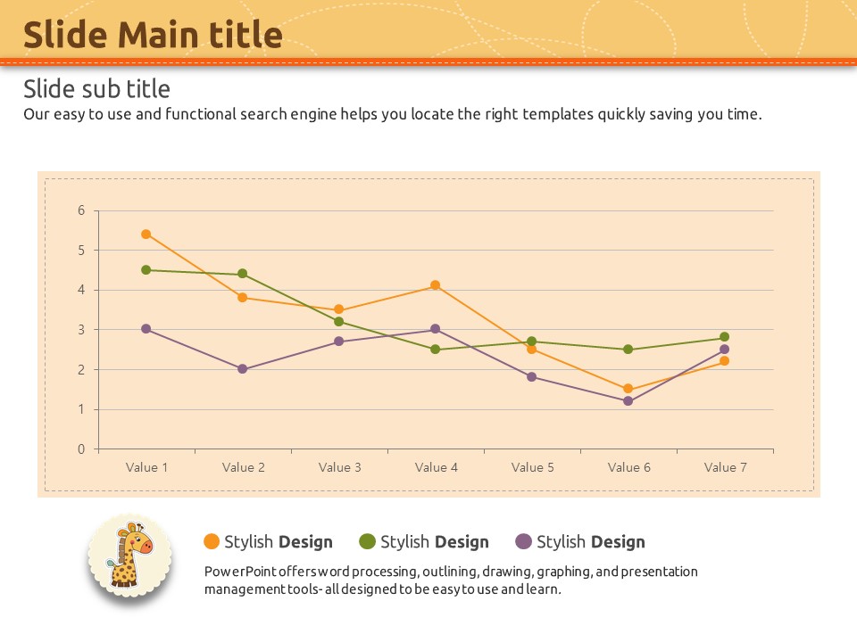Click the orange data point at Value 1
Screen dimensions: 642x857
(x=146, y=235)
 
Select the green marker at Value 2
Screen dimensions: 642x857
(x=242, y=274)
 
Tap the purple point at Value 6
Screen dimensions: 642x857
(x=628, y=401)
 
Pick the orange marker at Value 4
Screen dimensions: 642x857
(x=435, y=285)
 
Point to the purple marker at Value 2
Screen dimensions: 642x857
(x=242, y=369)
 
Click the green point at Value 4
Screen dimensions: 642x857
(x=435, y=350)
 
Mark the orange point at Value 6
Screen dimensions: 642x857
(x=628, y=389)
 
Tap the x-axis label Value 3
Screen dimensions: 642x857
(x=339, y=467)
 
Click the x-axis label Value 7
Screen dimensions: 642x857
(x=725, y=467)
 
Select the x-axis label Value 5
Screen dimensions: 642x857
(x=532, y=467)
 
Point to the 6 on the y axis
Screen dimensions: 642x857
(x=81, y=210)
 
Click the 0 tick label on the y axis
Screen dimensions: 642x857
(x=81, y=449)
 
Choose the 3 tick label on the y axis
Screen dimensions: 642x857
(x=81, y=330)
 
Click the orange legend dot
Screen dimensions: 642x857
(x=212, y=541)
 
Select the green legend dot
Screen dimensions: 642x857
(x=367, y=541)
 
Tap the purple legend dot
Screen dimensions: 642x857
(x=524, y=541)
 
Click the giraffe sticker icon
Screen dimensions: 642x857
(x=130, y=557)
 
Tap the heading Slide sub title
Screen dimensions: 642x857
(x=96, y=89)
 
